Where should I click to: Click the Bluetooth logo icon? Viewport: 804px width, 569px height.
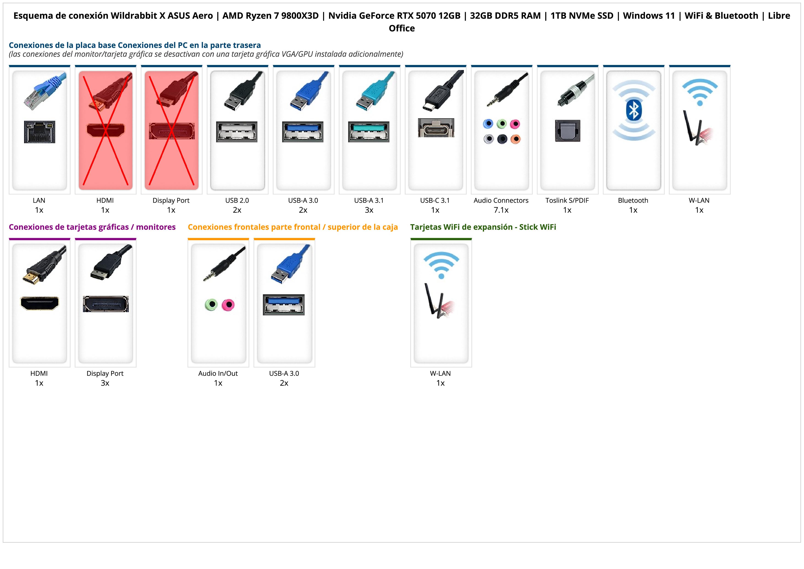tap(633, 110)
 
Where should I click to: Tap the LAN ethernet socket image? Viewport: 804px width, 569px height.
tap(40, 132)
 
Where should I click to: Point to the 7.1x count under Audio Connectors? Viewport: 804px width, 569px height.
tap(501, 210)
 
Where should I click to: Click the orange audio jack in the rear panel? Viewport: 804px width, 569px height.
tap(515, 139)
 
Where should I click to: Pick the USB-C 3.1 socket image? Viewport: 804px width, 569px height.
tap(436, 128)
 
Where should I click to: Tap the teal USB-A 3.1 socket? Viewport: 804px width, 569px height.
tap(369, 132)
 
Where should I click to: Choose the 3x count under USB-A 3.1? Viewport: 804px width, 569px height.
tap(369, 210)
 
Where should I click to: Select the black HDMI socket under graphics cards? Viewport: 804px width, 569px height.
tap(40, 303)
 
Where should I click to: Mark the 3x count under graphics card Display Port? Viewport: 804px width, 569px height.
tap(105, 383)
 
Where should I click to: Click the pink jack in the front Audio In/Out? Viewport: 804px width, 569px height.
tap(228, 305)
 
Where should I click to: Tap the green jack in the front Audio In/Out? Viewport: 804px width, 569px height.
tap(211, 305)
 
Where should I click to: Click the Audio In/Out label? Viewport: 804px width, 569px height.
tap(218, 373)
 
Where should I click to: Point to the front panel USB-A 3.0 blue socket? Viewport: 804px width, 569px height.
tap(284, 305)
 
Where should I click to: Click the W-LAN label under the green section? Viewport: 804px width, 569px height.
tap(441, 373)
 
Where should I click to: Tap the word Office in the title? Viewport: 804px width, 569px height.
tap(402, 28)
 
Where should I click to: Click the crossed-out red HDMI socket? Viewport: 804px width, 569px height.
tap(105, 130)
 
